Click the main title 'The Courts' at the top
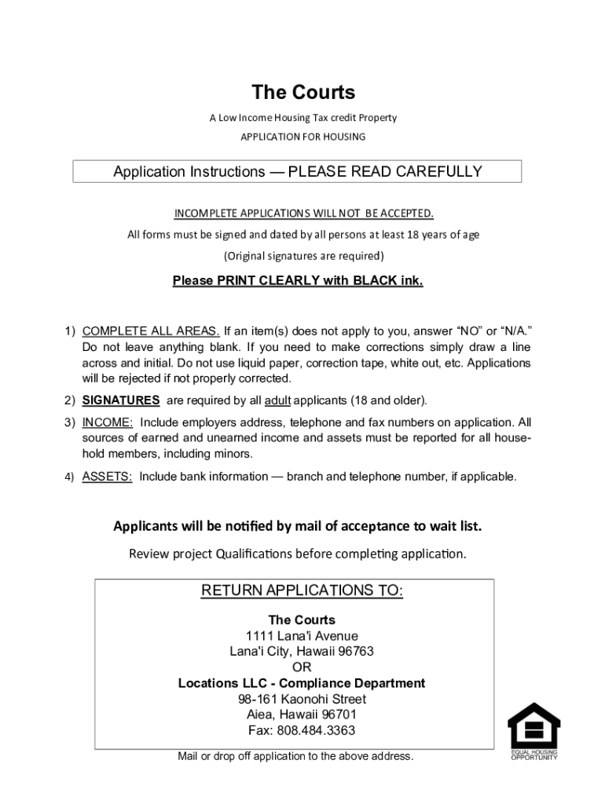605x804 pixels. [x=302, y=93]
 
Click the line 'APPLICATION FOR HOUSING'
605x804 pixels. [x=302, y=137]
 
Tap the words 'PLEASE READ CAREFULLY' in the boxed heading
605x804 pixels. [x=385, y=172]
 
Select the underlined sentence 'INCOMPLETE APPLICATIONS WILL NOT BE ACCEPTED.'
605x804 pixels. [x=302, y=214]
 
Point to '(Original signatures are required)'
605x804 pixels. [x=302, y=255]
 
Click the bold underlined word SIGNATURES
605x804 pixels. [x=121, y=400]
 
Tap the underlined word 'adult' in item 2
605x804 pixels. [x=277, y=400]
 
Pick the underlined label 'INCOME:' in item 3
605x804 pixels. [x=108, y=422]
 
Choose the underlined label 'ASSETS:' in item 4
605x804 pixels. [x=108, y=477]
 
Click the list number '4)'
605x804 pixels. [x=69, y=477]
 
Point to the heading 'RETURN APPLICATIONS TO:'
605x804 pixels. [x=302, y=590]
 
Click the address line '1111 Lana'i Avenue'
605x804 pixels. [x=302, y=636]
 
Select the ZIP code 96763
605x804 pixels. [x=354, y=652]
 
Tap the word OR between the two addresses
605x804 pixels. [x=302, y=667]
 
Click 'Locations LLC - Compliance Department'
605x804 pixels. [x=302, y=683]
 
